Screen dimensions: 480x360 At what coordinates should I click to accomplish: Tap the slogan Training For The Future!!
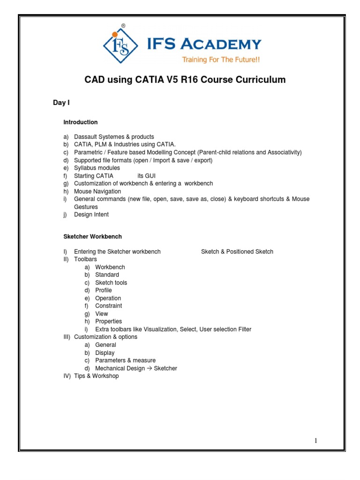click(221, 60)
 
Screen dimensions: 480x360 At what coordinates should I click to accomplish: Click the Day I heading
click(61, 103)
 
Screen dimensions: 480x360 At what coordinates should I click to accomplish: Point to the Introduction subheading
click(81, 122)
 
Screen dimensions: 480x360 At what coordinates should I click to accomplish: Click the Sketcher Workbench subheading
click(92, 237)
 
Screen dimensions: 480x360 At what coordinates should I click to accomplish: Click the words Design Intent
click(91, 215)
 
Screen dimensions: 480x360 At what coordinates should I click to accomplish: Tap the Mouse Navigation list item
click(97, 191)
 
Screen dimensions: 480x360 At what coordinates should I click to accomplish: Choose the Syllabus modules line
click(97, 168)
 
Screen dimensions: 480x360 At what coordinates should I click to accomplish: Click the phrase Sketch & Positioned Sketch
click(237, 252)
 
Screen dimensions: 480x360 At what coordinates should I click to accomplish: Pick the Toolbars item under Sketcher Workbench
click(86, 259)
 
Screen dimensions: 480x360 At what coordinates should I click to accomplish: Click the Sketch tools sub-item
click(111, 283)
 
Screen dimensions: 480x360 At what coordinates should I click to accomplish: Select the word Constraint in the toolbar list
click(109, 306)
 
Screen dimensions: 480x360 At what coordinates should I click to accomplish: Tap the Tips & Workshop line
click(97, 376)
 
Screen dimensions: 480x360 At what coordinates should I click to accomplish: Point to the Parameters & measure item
click(125, 360)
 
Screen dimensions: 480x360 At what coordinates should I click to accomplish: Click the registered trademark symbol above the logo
click(123, 26)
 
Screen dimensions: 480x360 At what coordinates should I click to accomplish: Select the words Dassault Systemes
click(97, 137)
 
